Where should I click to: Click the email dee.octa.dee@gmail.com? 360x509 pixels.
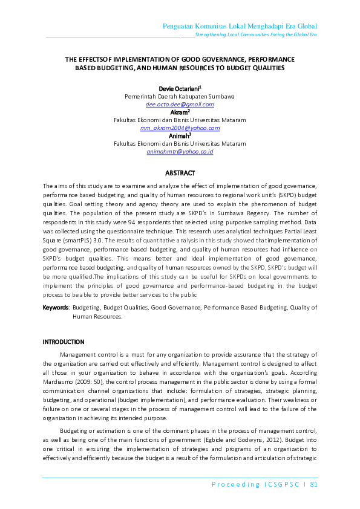[x=180, y=104]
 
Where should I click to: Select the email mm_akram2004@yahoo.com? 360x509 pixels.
[x=180, y=128]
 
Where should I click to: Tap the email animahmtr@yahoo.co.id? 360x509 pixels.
[x=180, y=152]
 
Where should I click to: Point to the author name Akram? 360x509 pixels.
[x=178, y=112]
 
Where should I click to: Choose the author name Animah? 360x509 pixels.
[x=178, y=136]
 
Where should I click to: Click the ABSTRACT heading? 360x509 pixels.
[x=180, y=173]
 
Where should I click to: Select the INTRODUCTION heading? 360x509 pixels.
[x=64, y=342]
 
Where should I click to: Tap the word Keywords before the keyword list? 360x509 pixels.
[x=55, y=308]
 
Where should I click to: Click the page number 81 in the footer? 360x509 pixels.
[x=313, y=484]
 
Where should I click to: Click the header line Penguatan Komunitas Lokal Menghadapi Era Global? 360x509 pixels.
[x=240, y=26]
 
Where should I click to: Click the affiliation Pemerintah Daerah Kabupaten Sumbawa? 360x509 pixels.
[x=180, y=96]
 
